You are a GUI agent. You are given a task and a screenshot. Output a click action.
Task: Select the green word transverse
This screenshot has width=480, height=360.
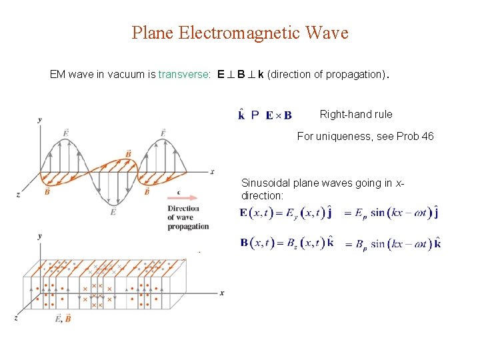coord(183,75)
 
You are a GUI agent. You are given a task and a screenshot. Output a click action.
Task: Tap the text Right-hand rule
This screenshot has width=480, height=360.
coord(356,114)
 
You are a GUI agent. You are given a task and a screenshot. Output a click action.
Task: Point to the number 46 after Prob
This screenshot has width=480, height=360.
coord(427,136)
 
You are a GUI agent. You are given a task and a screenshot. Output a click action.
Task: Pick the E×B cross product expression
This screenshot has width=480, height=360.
coord(279,115)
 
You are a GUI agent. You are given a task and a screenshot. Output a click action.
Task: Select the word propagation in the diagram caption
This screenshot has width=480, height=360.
coord(188,227)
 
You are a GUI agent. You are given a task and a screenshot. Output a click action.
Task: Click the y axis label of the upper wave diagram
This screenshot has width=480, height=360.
coord(40,119)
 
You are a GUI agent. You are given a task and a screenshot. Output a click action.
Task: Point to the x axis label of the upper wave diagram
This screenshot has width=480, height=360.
coord(212,171)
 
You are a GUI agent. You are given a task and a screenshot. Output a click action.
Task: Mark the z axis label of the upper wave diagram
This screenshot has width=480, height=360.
coord(18,194)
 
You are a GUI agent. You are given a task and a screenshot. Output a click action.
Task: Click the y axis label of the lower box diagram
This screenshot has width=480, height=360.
coord(40,236)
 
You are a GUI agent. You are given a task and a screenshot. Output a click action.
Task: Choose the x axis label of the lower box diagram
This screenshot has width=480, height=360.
coord(221,293)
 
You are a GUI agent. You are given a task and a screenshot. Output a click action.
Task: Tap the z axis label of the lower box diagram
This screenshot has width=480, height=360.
coord(17,317)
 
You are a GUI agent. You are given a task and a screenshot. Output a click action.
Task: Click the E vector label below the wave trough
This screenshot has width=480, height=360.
coord(113,211)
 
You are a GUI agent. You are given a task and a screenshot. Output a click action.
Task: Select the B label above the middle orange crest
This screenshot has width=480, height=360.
coord(128,154)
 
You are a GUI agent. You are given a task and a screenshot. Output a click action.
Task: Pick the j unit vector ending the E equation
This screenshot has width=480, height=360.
coord(436,213)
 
